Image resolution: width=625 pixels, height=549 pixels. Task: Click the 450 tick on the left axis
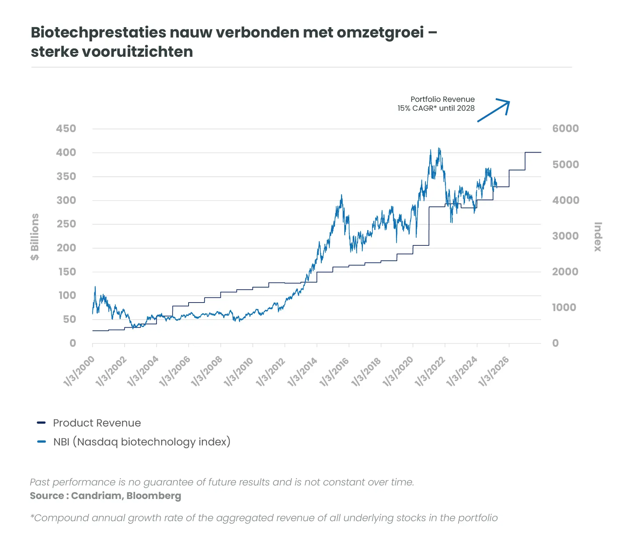click(x=66, y=129)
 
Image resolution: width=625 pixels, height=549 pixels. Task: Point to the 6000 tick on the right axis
click(x=565, y=129)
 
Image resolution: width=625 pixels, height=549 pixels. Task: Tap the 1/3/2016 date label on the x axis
click(x=334, y=372)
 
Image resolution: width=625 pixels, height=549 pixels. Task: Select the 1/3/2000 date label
click(x=79, y=372)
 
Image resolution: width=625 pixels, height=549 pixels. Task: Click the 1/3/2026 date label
click(x=494, y=372)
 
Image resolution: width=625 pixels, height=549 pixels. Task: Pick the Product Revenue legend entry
click(x=97, y=423)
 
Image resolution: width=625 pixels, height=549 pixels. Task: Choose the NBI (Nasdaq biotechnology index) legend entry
click(x=142, y=442)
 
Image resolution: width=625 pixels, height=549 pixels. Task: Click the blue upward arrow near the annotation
click(x=494, y=110)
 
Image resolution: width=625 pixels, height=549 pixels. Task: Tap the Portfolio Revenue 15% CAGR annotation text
click(x=436, y=104)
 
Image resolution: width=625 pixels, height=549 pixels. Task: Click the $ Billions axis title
click(x=35, y=237)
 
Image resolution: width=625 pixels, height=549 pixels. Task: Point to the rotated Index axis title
click(x=598, y=237)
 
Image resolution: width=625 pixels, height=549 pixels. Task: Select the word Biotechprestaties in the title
click(x=99, y=33)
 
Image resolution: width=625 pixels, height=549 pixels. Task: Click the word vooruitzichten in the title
click(x=137, y=52)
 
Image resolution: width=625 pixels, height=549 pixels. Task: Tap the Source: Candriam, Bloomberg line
click(x=105, y=496)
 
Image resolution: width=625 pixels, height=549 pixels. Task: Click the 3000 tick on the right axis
click(x=565, y=236)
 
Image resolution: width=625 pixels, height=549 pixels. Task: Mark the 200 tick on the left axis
click(x=66, y=248)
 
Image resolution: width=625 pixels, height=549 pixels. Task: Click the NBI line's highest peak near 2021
click(x=439, y=149)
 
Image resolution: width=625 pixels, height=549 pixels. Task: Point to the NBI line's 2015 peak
click(x=341, y=195)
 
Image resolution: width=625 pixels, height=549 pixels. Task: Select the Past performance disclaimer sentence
click(x=222, y=482)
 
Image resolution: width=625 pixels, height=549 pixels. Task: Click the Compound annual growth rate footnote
click(x=264, y=518)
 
